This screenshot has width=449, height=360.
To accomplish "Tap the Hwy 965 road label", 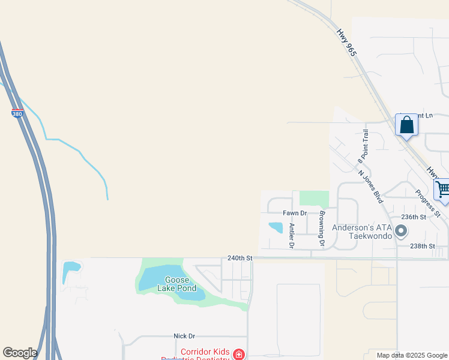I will click(x=347, y=43).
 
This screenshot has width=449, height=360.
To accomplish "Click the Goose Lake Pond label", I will click(x=176, y=284).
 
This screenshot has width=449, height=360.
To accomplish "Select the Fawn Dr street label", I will click(x=295, y=213).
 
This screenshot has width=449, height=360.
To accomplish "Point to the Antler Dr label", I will click(x=292, y=235).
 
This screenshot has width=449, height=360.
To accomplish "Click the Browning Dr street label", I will click(x=322, y=229).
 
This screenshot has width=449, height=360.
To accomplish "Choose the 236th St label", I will click(x=414, y=217).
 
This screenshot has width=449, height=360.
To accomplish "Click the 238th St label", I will click(x=422, y=246).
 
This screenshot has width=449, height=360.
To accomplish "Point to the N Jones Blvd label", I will click(x=370, y=187).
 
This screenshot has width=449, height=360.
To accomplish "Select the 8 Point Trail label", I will click(x=363, y=146).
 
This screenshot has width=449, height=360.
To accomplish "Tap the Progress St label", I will click(x=428, y=203).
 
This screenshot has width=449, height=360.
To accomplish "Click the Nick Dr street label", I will click(x=184, y=336).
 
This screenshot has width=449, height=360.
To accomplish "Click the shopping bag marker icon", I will click(x=407, y=125).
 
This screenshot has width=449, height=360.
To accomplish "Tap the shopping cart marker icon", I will click(x=443, y=189).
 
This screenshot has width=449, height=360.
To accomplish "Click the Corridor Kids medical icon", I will click(x=239, y=355).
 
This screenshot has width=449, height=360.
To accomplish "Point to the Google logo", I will click(x=20, y=353).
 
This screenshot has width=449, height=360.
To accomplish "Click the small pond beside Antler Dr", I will click(x=276, y=227).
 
